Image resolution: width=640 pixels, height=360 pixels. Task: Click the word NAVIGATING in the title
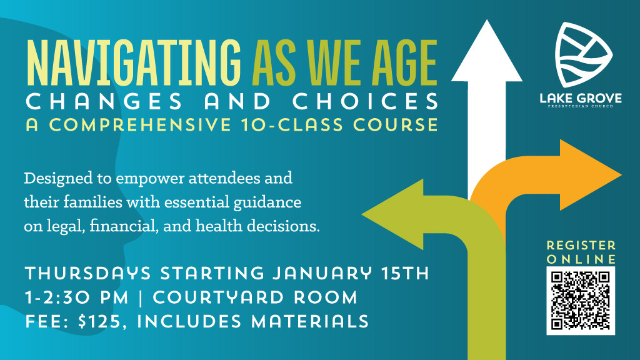point(134,62)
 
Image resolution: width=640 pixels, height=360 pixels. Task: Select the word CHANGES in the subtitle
point(104,101)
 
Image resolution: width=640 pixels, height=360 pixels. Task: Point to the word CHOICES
point(365,101)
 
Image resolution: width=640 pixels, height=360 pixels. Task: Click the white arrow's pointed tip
point(486,21)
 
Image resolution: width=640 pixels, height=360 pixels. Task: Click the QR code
point(581,301)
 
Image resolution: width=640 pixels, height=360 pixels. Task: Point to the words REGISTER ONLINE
point(581,252)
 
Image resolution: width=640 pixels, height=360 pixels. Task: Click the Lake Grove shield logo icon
point(584,55)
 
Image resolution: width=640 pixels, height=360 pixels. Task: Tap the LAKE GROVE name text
point(581,98)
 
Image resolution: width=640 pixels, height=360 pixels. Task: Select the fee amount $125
point(99,321)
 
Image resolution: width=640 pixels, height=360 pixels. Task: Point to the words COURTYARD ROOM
point(255,297)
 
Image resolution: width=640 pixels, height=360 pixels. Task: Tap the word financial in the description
point(124,226)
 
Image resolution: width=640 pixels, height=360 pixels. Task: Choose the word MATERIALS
point(310,321)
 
